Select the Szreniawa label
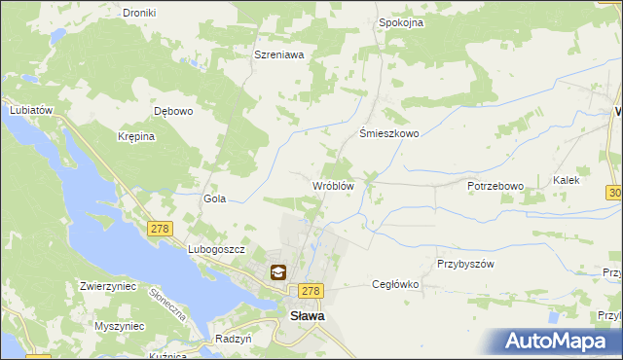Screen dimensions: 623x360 tap(279, 55)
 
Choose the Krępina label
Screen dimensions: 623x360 tap(136, 137)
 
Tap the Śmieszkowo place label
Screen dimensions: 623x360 tap(389, 134)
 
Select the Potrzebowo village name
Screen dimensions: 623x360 tap(495, 186)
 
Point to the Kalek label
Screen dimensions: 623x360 tap(567, 180)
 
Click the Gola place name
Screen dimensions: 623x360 tap(214, 198)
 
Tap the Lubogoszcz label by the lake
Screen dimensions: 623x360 tap(215, 250)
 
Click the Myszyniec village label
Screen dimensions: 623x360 tap(121, 327)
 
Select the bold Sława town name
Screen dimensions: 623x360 tap(309, 315)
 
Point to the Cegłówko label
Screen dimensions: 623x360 tap(395, 285)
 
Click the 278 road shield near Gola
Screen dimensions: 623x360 tap(160, 229)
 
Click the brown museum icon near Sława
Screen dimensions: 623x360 tap(278, 273)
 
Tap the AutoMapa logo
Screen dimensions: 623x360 tap(555, 342)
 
